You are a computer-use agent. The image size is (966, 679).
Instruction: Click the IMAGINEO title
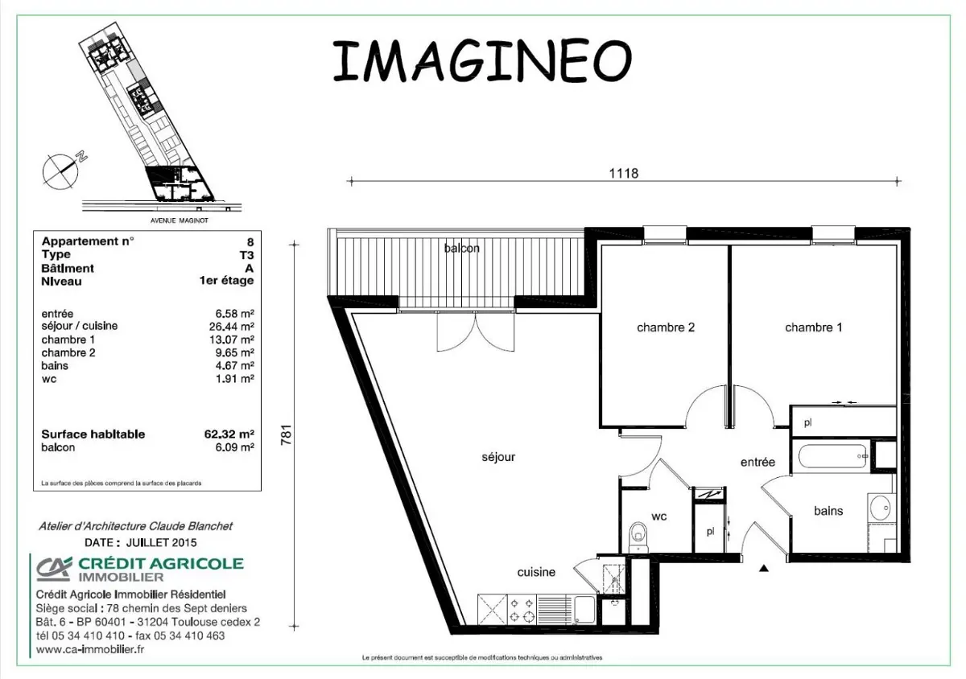click(x=481, y=60)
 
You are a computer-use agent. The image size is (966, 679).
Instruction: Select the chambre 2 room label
click(x=665, y=327)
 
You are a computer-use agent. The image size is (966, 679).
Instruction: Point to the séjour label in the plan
click(x=498, y=457)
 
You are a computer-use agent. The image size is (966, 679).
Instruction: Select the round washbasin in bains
click(x=880, y=508)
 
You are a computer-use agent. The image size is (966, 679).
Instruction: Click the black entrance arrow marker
click(x=764, y=568)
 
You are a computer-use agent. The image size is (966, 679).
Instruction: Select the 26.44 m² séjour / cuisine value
click(x=235, y=327)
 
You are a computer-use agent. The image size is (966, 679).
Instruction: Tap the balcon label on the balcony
click(x=462, y=249)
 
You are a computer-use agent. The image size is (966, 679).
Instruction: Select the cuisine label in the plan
click(x=536, y=572)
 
